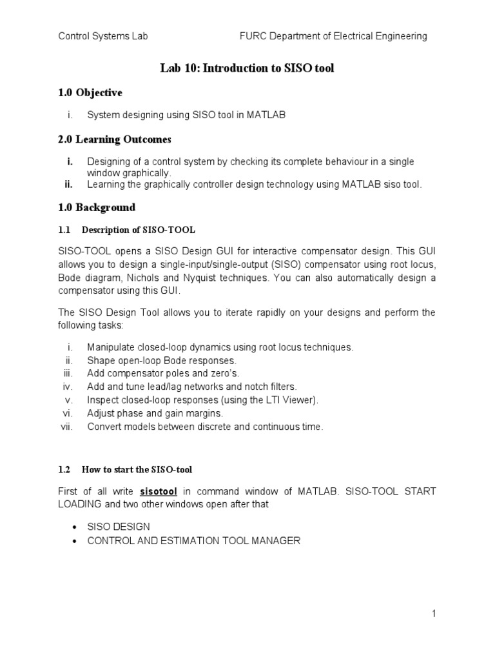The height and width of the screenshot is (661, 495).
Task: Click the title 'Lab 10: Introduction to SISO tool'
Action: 247,68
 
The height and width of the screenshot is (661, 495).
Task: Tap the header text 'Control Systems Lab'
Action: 103,36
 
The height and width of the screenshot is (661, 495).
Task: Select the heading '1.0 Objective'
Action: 90,93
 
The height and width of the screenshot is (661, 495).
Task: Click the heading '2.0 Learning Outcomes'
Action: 114,139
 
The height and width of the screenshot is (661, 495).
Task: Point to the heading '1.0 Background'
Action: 97,208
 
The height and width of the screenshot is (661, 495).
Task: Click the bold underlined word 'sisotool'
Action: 159,491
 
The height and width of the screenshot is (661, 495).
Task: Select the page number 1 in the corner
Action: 434,614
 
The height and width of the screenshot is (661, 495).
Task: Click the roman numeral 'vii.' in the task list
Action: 68,427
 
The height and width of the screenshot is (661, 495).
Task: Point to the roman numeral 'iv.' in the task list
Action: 69,387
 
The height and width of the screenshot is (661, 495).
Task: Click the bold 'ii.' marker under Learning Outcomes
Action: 69,185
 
